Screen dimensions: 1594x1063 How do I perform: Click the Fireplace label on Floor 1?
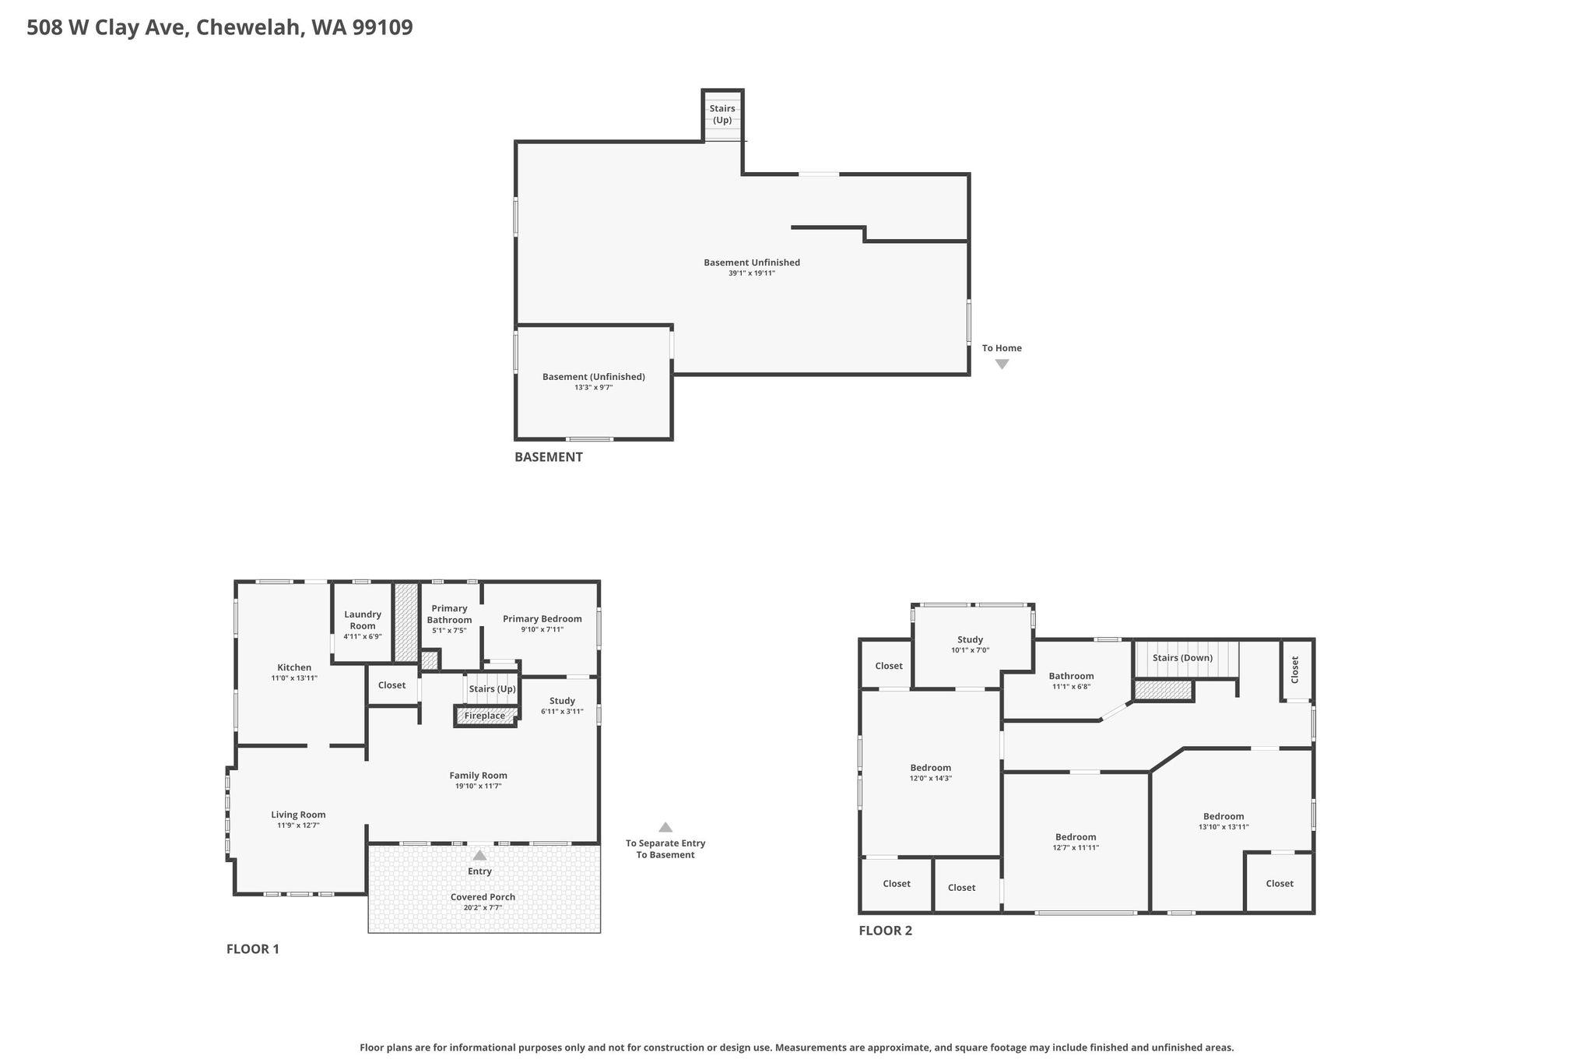pyautogui.click(x=484, y=716)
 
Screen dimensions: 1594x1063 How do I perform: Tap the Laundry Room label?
pyautogui.click(x=363, y=620)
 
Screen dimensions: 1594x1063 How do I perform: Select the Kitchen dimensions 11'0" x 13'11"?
pyautogui.click(x=294, y=678)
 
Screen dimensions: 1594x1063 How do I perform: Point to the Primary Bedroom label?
pyautogui.click(x=542, y=619)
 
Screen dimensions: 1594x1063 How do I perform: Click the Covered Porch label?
pyautogui.click(x=483, y=897)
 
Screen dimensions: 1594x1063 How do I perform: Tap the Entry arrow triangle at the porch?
pyautogui.click(x=480, y=855)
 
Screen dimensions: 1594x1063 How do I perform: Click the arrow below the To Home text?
pyautogui.click(x=1002, y=364)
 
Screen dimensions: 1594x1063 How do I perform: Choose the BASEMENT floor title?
pyautogui.click(x=549, y=457)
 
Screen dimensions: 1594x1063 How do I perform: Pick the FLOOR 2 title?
pyautogui.click(x=886, y=931)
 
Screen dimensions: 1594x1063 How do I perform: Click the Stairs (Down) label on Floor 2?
pyautogui.click(x=1182, y=658)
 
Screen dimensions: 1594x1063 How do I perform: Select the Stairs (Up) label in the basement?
pyautogui.click(x=722, y=114)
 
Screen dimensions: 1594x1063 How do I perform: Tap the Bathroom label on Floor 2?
pyautogui.click(x=1071, y=676)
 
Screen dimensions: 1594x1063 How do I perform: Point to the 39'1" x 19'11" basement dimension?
pyautogui.click(x=752, y=273)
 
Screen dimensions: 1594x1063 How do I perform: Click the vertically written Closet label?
pyautogui.click(x=1295, y=670)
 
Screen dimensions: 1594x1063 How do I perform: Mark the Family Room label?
pyautogui.click(x=478, y=776)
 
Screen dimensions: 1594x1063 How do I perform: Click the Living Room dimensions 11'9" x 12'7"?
pyautogui.click(x=298, y=825)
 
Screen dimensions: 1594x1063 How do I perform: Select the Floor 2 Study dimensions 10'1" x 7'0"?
pyautogui.click(x=970, y=650)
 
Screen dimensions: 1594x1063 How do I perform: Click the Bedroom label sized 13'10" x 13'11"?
pyautogui.click(x=1224, y=816)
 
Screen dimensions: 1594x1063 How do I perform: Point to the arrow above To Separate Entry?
pyautogui.click(x=665, y=828)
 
